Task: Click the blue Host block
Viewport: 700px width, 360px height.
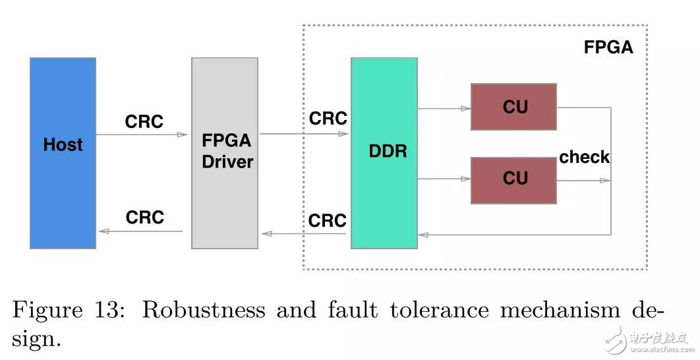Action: pyautogui.click(x=63, y=153)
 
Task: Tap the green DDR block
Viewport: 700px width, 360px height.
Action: pyautogui.click(x=384, y=153)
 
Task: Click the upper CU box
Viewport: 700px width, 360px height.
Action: pyautogui.click(x=513, y=106)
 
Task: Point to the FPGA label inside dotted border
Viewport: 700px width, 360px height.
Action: pyautogui.click(x=608, y=48)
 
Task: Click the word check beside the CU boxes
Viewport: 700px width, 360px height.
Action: pyautogui.click(x=584, y=157)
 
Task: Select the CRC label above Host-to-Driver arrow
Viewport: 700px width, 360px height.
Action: pyautogui.click(x=144, y=122)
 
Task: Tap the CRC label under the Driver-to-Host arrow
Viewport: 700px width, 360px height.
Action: pyautogui.click(x=144, y=218)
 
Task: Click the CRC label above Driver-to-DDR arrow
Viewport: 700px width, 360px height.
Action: pyautogui.click(x=328, y=118)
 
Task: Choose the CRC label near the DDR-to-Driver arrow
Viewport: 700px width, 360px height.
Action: pyautogui.click(x=327, y=220)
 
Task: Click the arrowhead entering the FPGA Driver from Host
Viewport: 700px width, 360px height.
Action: pyautogui.click(x=183, y=135)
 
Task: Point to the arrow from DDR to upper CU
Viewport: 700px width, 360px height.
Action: pyautogui.click(x=444, y=108)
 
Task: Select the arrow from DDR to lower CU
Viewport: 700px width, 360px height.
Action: pyautogui.click(x=444, y=179)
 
